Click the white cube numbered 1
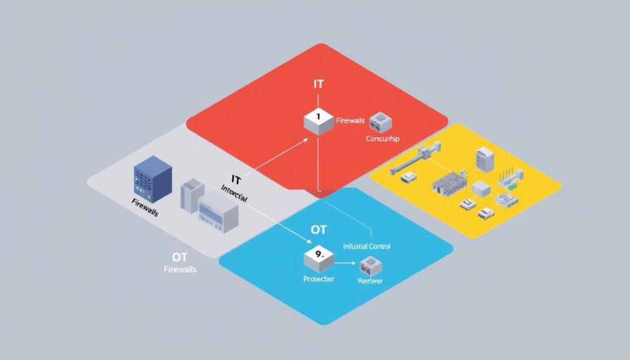tap(318, 121)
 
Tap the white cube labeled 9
tap(318, 258)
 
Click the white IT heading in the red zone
tap(318, 84)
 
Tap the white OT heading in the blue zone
tap(319, 230)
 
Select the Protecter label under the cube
tap(319, 279)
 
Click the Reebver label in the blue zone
tap(370, 281)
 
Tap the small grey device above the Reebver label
tap(370, 265)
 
